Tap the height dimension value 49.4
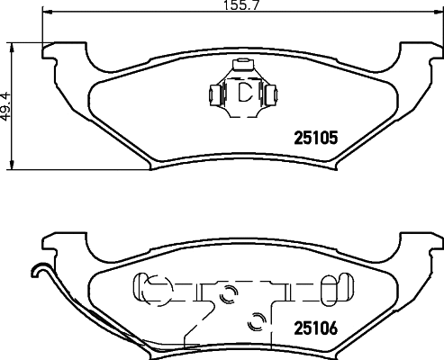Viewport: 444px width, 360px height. tap(8, 105)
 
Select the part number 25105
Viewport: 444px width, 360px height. tap(317, 139)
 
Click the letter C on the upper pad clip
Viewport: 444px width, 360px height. tap(243, 93)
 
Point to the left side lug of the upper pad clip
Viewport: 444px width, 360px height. tap(213, 93)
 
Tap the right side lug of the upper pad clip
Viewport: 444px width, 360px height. tap(273, 93)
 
